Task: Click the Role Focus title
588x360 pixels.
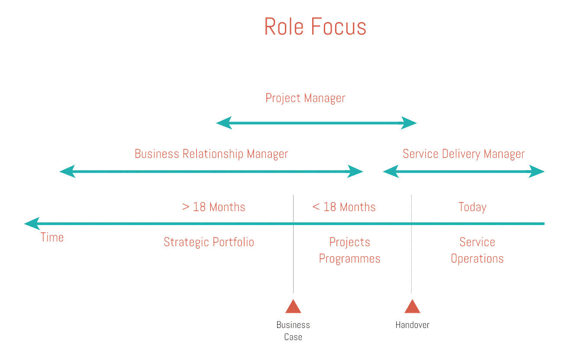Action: click(x=315, y=27)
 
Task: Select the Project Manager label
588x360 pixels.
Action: click(x=305, y=98)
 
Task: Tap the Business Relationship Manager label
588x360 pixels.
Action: click(x=211, y=154)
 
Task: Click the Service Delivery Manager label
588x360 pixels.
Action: click(x=463, y=154)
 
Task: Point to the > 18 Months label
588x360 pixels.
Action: click(x=214, y=207)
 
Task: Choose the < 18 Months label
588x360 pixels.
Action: click(x=344, y=207)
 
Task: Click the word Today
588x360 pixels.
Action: click(x=472, y=207)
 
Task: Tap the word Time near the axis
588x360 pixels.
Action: click(x=52, y=238)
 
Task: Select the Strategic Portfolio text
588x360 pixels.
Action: click(x=209, y=242)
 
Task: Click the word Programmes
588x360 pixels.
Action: click(x=349, y=259)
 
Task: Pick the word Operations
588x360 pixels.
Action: click(x=477, y=259)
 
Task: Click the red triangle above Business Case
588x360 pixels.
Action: click(x=293, y=306)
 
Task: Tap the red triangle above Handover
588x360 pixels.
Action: click(x=412, y=306)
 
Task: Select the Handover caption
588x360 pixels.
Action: click(x=412, y=325)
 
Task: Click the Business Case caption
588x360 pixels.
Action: click(x=293, y=331)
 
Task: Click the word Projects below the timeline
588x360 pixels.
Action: click(x=349, y=242)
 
